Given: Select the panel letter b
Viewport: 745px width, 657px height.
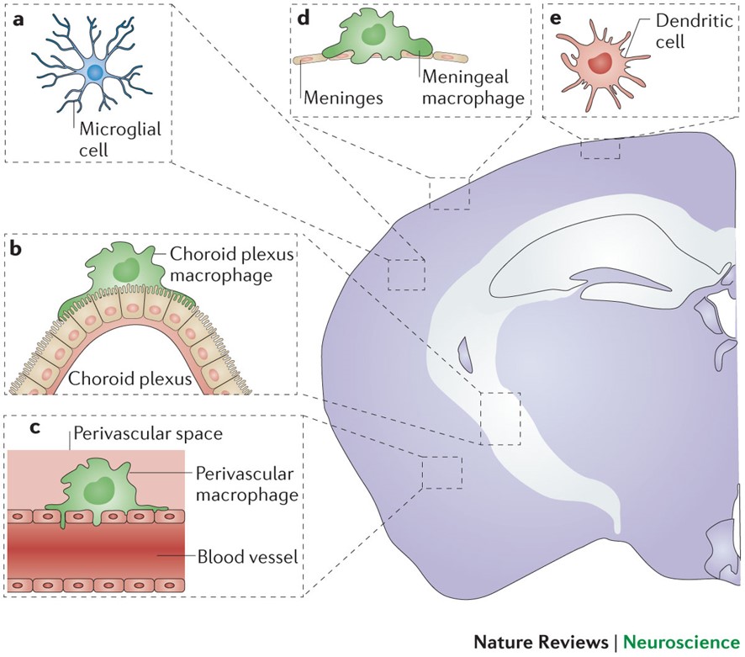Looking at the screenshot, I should coord(15,249).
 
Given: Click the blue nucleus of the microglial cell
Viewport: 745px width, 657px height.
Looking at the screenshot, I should coord(95,74).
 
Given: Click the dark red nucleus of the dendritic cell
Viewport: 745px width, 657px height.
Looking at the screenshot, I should coord(600,62).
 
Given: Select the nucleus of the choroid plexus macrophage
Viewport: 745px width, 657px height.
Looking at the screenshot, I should coord(127,269).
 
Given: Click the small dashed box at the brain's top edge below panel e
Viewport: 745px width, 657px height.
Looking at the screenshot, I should coord(600,149).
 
